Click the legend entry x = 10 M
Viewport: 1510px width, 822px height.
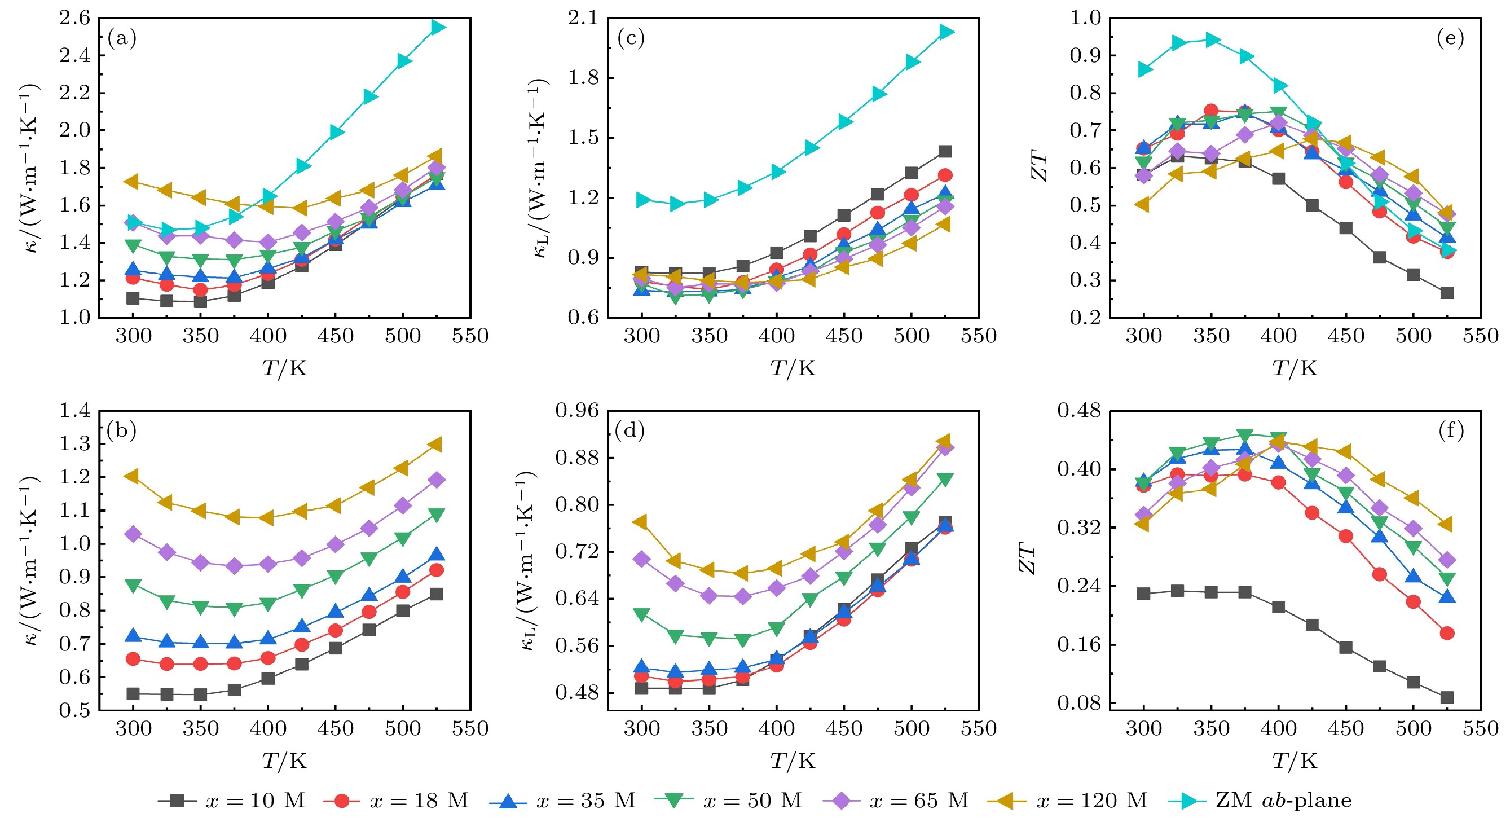click(231, 801)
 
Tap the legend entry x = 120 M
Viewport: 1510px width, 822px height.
click(1067, 801)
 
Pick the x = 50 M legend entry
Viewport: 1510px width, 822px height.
click(728, 801)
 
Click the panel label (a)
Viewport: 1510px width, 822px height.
click(122, 39)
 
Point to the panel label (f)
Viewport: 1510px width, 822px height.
click(1451, 431)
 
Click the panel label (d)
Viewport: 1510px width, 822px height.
click(630, 431)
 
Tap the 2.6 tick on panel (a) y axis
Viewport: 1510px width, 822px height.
click(75, 18)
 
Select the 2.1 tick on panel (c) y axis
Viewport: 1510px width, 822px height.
click(583, 18)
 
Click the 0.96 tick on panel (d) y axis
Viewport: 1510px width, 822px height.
click(578, 410)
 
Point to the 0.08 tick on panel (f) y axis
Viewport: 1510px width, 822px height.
click(1079, 702)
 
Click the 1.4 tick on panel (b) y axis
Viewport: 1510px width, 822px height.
click(75, 410)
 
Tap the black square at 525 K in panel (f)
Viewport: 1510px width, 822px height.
click(1447, 697)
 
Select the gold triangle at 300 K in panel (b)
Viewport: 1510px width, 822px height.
click(132, 476)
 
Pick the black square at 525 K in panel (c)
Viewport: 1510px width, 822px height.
click(945, 151)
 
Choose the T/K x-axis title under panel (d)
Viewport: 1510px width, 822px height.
click(793, 761)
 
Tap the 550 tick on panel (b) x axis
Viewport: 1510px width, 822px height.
click(469, 728)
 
